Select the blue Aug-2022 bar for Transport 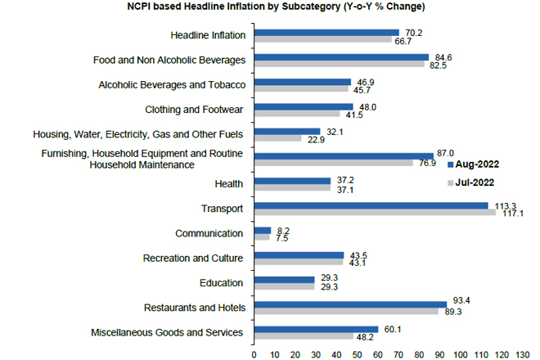click(x=371, y=205)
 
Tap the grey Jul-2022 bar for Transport click(x=376, y=213)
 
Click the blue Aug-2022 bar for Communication click(x=263, y=231)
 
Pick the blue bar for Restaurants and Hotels click(x=351, y=304)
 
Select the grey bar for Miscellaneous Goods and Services click(x=304, y=336)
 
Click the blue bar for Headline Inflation click(x=326, y=33)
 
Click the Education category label click(x=221, y=283)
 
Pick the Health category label click(x=230, y=184)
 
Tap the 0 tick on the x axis click(x=254, y=353)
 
